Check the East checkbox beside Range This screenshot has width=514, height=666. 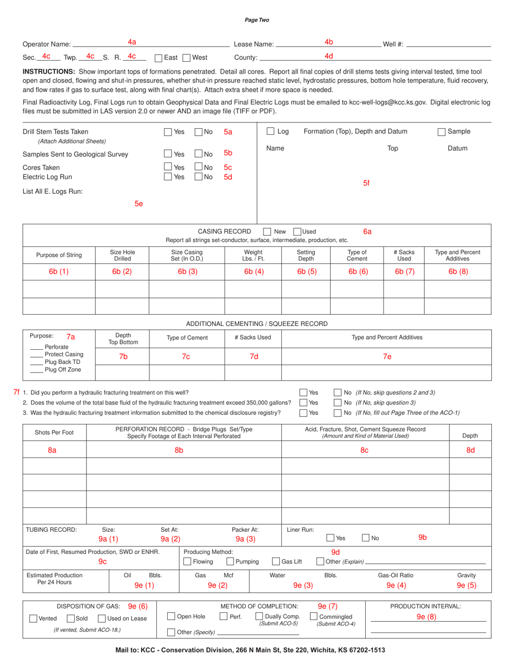coord(159,57)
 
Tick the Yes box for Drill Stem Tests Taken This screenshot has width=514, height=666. coord(168,132)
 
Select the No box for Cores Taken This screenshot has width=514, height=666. coord(198,167)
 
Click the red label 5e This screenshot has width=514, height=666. coord(139,204)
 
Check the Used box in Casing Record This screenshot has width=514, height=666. coord(297,231)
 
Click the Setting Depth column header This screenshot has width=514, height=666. coord(306,256)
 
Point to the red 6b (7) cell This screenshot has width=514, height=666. coord(404,272)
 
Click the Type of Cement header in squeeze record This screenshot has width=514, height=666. coord(187,337)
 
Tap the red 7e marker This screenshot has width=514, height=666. coord(387,356)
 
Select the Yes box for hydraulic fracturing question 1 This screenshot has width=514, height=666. coord(304,393)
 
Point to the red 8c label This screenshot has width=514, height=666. coord(364,450)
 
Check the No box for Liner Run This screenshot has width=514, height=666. coord(365,538)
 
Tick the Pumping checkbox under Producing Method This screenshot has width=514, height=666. coord(230,561)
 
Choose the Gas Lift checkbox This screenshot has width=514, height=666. coord(276,561)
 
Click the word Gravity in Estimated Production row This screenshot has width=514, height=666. coord(466,575)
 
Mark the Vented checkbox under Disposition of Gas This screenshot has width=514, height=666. coord(34,618)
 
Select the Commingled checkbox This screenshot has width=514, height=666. coord(314,616)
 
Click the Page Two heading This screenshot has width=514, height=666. coord(256,20)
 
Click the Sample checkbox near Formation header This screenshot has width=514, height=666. coord(441,132)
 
